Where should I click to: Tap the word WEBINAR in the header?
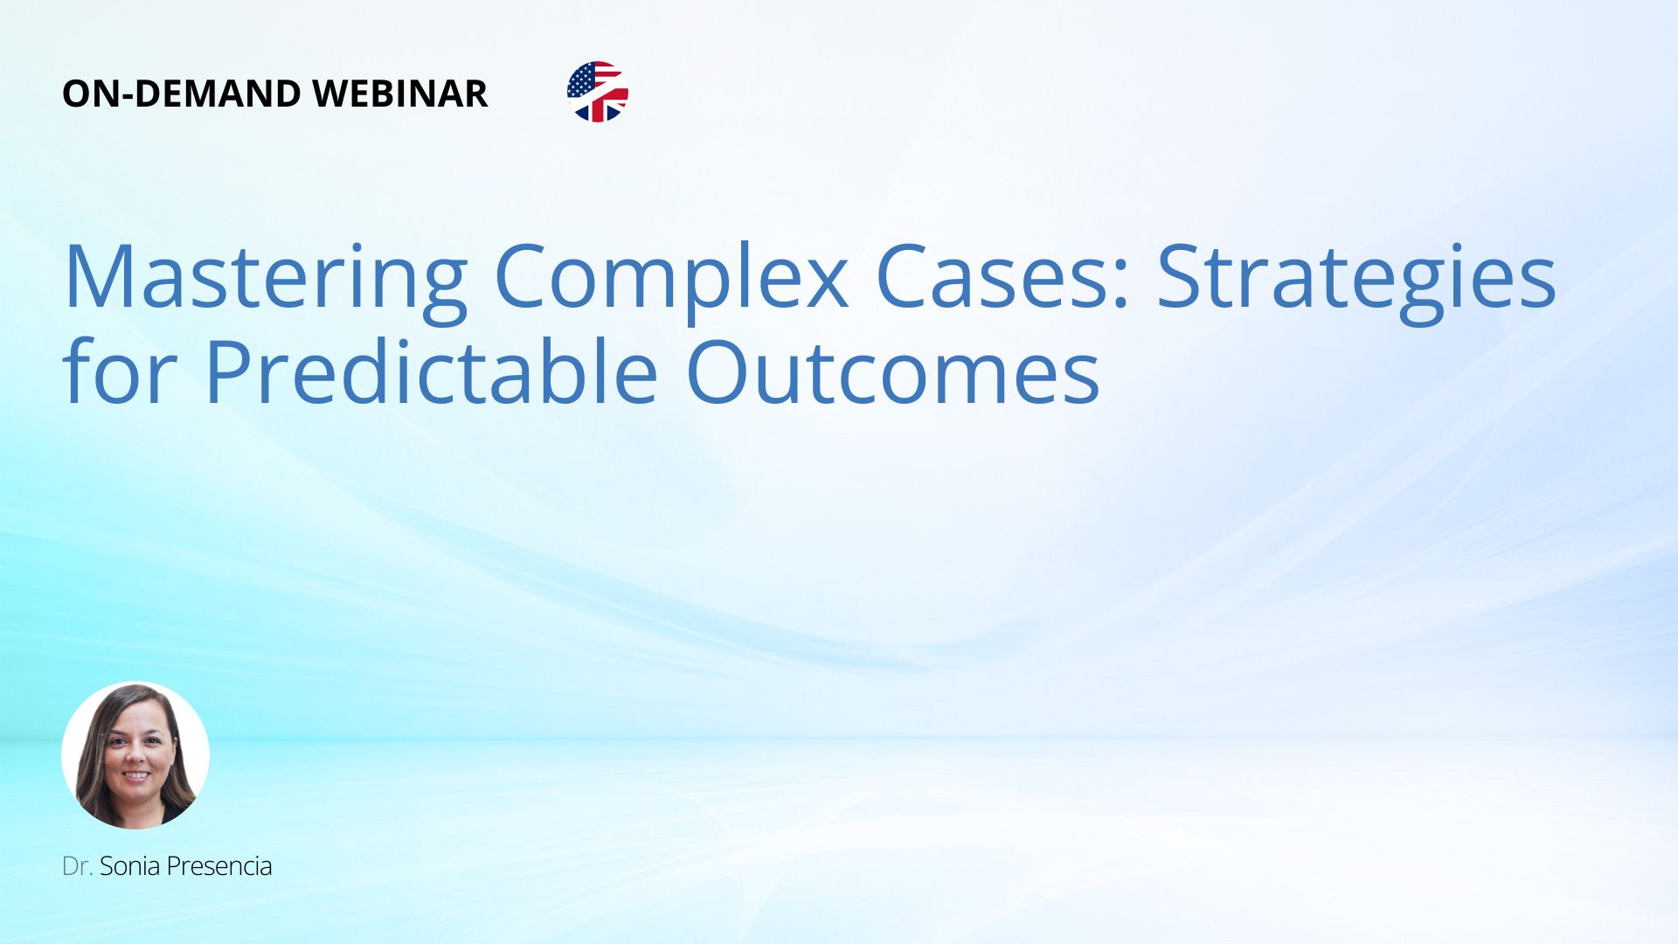pyautogui.click(x=400, y=94)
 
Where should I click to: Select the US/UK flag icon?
pyautogui.click(x=598, y=92)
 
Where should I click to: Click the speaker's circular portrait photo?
pyautogui.click(x=135, y=755)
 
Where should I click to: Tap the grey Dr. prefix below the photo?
pyautogui.click(x=78, y=866)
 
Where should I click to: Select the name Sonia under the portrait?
pyautogui.click(x=129, y=866)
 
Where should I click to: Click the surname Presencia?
pyautogui.click(x=219, y=866)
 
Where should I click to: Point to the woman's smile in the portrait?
pyautogui.click(x=135, y=774)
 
